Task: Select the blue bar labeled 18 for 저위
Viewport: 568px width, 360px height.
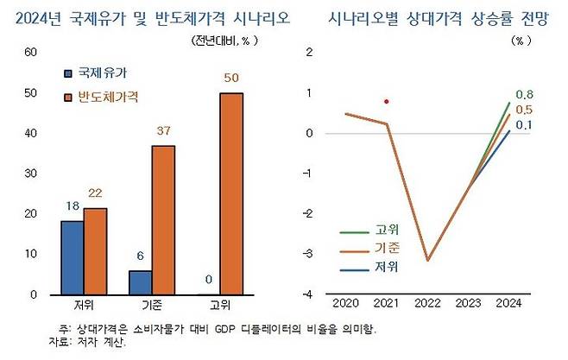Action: pyautogui.click(x=72, y=257)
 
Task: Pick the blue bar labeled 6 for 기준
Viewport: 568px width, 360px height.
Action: pyautogui.click(x=139, y=282)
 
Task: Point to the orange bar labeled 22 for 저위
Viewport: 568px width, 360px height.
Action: pyautogui.click(x=95, y=250)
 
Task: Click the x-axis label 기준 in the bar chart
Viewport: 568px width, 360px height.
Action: pyautogui.click(x=152, y=306)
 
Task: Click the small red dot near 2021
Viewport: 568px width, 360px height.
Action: pyautogui.click(x=387, y=102)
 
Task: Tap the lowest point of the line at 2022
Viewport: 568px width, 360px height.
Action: pyautogui.click(x=426, y=260)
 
